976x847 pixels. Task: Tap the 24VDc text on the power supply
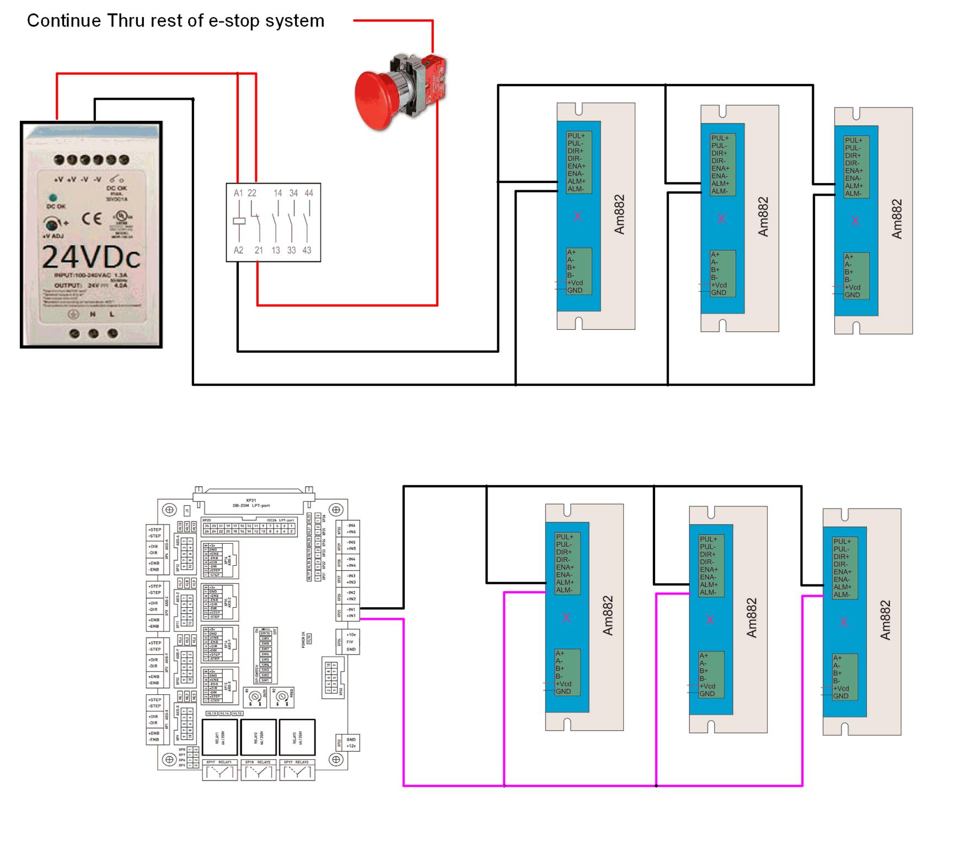pyautogui.click(x=91, y=257)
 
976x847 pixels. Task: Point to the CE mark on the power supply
pyautogui.click(x=92, y=219)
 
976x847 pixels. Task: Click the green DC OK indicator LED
pyautogui.click(x=53, y=197)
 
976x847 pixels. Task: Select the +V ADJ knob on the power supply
pyautogui.click(x=52, y=224)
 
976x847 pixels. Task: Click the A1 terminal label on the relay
pyautogui.click(x=238, y=193)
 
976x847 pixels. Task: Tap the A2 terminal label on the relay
pyautogui.click(x=238, y=250)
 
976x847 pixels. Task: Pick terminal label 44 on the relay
pyautogui.click(x=309, y=193)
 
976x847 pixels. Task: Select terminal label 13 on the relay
pyautogui.click(x=276, y=250)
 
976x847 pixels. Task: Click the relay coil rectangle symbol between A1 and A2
pyautogui.click(x=239, y=221)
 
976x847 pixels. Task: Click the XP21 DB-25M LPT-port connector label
pyautogui.click(x=257, y=503)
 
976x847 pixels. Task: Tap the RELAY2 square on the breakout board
pyautogui.click(x=259, y=737)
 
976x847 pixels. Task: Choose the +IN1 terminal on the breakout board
pyautogui.click(x=351, y=616)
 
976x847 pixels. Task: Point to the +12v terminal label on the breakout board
pyautogui.click(x=351, y=746)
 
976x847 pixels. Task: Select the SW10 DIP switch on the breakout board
pyautogui.click(x=265, y=633)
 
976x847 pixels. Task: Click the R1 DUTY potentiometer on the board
pyautogui.click(x=255, y=697)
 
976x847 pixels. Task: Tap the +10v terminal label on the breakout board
pyautogui.click(x=351, y=635)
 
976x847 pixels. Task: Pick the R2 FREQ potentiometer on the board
pyautogui.click(x=282, y=697)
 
